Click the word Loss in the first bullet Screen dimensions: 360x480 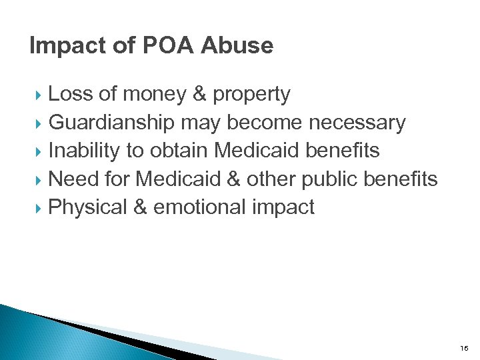71,95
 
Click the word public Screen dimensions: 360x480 328,179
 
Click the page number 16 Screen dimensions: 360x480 464,348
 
